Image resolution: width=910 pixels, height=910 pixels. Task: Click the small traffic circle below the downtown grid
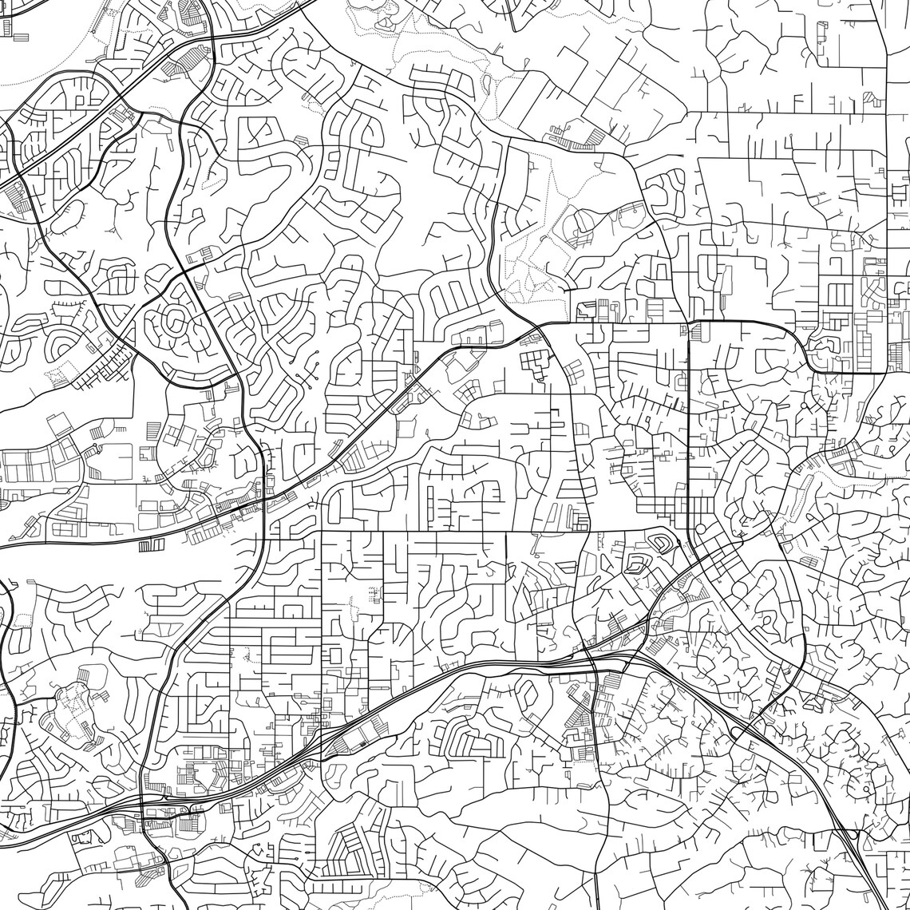coord(700,528)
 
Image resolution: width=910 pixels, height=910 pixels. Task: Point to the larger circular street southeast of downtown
coord(739,589)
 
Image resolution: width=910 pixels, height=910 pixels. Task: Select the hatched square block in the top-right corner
coord(873,101)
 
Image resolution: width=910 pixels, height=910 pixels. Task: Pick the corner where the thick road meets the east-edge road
coord(886,372)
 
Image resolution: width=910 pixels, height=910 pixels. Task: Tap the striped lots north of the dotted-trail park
coord(580,140)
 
